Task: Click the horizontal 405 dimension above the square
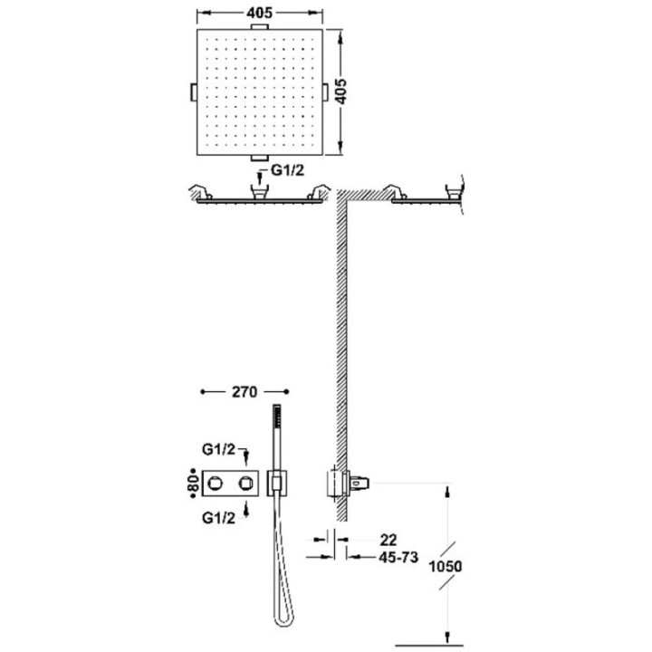click(x=260, y=13)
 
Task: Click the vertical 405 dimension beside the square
click(x=340, y=91)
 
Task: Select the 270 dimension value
click(x=244, y=392)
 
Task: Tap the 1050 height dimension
click(x=446, y=566)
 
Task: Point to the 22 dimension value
click(x=388, y=540)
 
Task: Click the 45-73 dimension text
click(x=398, y=557)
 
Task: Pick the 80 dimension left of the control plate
click(x=193, y=484)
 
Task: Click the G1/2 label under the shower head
click(x=288, y=170)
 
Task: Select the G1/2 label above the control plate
click(x=219, y=449)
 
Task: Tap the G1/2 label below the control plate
click(x=219, y=518)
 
